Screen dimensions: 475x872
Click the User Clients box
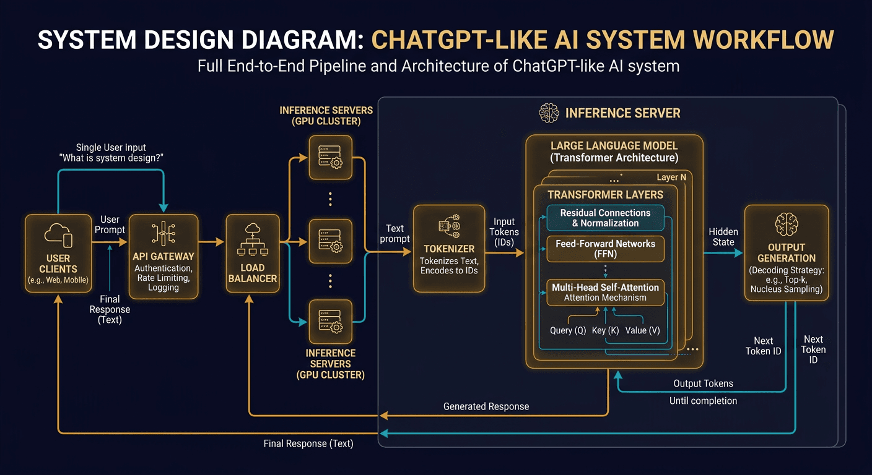[x=58, y=253]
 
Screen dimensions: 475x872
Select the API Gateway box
[x=163, y=253]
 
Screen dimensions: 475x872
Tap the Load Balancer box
[x=252, y=253]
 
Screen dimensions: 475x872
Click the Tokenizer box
[x=449, y=247]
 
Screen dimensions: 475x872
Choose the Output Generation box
[x=786, y=253]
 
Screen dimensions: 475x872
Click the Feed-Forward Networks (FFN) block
[x=605, y=249]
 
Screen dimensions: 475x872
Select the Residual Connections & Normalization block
[x=605, y=218]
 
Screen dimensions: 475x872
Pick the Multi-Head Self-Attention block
[x=605, y=292]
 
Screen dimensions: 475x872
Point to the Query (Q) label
[x=568, y=330]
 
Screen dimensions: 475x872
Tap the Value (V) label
[x=642, y=330]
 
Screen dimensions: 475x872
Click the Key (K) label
[x=605, y=330]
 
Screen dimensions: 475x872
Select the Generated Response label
[x=486, y=406]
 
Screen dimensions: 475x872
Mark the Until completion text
[x=703, y=401]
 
